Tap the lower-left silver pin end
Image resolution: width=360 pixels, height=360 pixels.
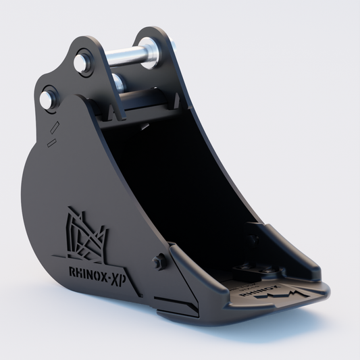(47, 99)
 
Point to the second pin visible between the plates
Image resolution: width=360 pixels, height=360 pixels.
(119, 82)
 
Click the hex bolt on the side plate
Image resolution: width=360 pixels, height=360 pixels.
(159, 261)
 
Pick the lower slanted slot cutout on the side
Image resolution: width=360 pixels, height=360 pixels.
(52, 143)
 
